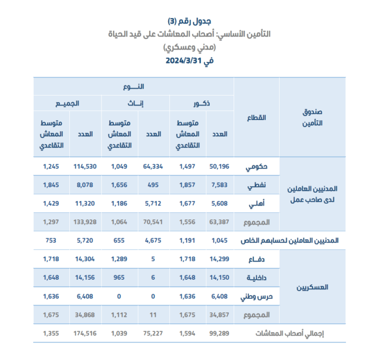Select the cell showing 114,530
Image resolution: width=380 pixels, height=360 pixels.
click(x=84, y=166)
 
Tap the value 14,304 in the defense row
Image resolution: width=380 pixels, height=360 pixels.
click(x=84, y=259)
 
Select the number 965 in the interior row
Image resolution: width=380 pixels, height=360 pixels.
click(x=119, y=277)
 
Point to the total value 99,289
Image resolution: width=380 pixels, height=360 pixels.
click(x=218, y=333)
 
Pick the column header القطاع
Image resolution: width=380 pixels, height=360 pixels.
click(x=256, y=118)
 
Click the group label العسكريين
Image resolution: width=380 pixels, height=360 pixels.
click(x=311, y=287)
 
